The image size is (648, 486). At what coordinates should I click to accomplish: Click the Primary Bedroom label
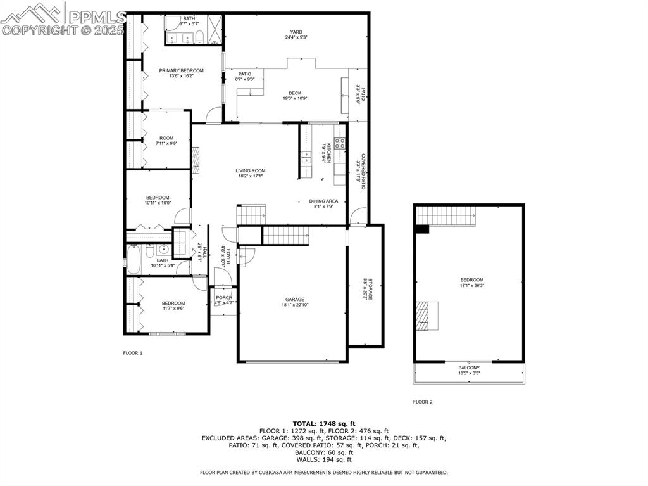[x=181, y=71]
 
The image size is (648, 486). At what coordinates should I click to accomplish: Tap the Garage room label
[x=294, y=300]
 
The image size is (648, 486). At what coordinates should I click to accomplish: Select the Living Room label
[x=250, y=170]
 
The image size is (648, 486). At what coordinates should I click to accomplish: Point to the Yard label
[x=296, y=32]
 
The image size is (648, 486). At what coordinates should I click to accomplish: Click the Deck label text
[x=295, y=93]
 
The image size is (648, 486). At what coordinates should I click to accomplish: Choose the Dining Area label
[x=323, y=201]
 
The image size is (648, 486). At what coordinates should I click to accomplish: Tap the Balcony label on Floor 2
[x=469, y=368]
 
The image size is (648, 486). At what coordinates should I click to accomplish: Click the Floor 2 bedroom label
[x=471, y=280]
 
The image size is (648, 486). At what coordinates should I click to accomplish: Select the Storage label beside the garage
[x=365, y=289]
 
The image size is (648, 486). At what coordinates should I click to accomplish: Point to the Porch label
[x=223, y=298]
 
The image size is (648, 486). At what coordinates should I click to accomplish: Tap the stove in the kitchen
[x=340, y=143]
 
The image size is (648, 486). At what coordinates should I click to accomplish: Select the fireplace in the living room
[x=196, y=160]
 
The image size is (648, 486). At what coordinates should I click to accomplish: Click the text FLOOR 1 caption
[x=132, y=353]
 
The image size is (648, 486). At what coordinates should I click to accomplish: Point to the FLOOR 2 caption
[x=423, y=402]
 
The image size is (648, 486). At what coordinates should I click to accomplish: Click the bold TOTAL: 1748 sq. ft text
[x=323, y=423]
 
